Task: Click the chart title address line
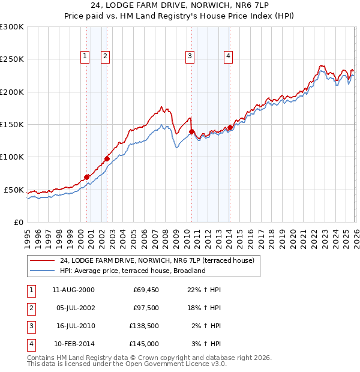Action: [180, 6]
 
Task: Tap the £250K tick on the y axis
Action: [12, 59]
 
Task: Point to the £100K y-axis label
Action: [12, 157]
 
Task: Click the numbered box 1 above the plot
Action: [85, 57]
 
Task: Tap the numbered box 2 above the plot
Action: [105, 57]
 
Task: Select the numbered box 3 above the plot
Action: [190, 57]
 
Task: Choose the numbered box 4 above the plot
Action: [229, 57]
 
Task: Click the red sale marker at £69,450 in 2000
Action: [87, 176]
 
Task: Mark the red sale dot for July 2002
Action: [107, 158]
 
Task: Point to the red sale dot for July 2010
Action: [192, 131]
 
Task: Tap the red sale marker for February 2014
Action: [230, 127]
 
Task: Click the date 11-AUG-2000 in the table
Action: [73, 290]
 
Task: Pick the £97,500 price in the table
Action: [146, 308]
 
